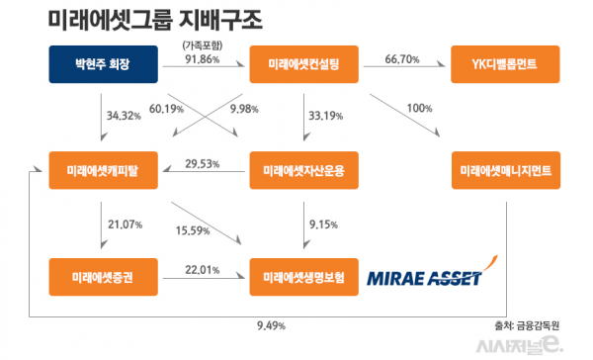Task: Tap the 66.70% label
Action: (402, 59)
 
